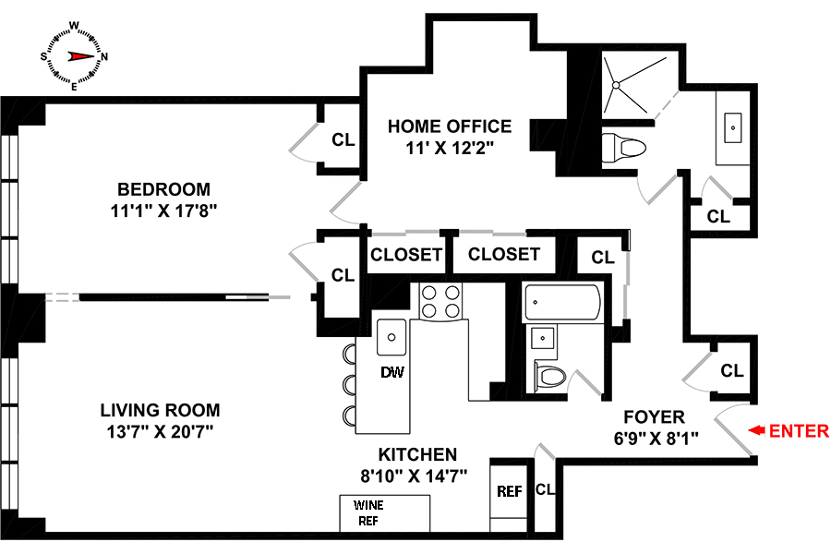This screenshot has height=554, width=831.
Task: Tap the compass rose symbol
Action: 74,56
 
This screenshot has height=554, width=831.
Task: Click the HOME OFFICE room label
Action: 450,126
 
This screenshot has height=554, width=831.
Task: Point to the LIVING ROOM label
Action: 160,410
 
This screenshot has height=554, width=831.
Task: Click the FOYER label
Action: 653,416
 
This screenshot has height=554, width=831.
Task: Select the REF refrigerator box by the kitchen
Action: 510,492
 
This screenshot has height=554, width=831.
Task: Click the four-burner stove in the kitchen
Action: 441,301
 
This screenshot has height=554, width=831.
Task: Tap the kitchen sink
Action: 391,334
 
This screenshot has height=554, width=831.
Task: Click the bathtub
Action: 562,301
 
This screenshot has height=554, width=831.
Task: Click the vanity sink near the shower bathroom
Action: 736,126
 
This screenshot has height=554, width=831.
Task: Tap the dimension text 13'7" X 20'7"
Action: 160,430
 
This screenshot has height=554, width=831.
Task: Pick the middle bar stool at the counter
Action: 349,383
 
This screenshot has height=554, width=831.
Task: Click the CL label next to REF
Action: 545,490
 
